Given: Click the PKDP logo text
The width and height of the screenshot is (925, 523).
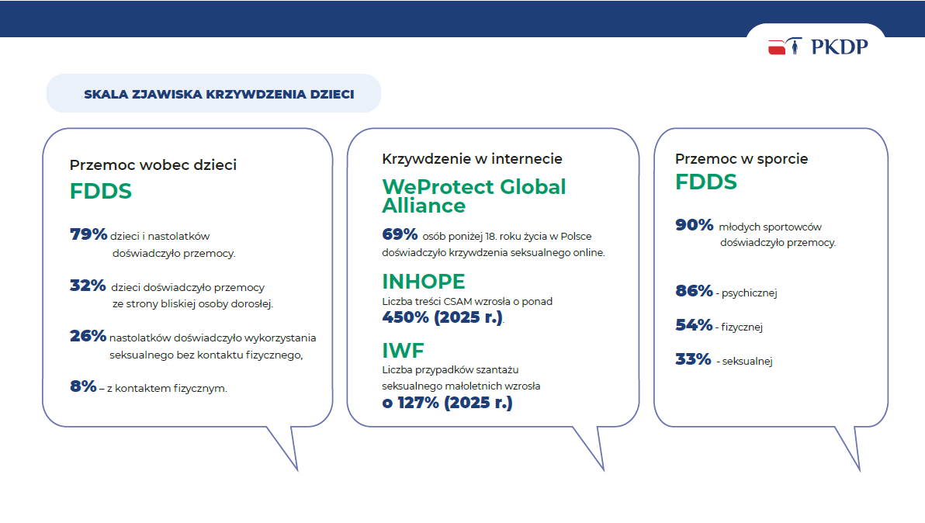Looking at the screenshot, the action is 839,47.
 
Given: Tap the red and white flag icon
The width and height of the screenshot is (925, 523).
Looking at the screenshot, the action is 777,47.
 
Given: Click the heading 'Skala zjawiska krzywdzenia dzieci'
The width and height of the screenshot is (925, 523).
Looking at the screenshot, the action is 219,95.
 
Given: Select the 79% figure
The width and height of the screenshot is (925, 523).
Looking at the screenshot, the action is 88,234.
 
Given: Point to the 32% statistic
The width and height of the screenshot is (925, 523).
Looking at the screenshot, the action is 88,286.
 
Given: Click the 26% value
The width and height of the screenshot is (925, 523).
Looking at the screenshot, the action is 88,336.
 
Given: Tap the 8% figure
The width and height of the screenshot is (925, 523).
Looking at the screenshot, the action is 83,386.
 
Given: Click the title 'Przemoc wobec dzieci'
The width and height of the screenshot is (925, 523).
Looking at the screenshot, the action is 153,165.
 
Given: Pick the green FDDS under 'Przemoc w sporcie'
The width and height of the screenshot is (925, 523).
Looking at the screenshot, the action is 706,182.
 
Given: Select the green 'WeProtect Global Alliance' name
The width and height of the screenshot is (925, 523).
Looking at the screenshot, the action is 473,196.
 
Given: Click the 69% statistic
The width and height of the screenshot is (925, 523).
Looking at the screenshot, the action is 400,234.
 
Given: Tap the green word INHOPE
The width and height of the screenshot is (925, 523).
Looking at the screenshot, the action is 424,281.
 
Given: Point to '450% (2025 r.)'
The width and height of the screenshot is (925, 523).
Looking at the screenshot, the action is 442,317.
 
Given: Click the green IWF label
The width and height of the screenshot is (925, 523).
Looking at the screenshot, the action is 403,350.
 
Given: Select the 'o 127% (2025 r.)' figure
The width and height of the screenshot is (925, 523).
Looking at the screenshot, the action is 447,403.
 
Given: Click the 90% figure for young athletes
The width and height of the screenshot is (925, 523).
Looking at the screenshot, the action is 695,225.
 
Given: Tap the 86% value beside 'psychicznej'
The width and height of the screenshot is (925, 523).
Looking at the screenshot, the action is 695,291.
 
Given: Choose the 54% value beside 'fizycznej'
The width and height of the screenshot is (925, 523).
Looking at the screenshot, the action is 695,325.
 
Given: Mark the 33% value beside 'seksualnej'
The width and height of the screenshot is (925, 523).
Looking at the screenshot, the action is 693,359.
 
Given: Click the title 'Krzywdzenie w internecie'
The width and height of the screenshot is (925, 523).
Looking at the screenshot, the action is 472,158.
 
